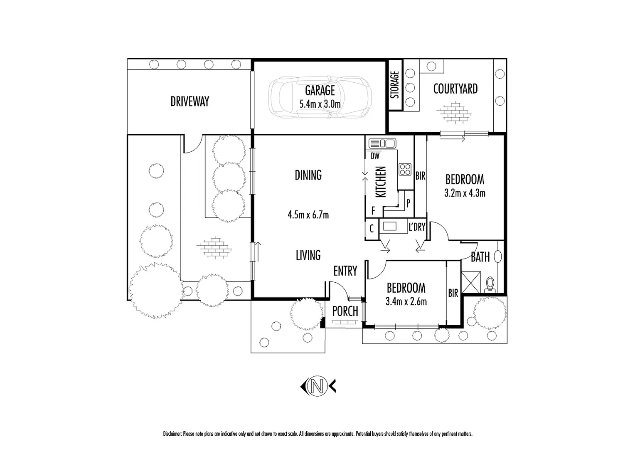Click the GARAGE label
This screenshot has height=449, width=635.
320,90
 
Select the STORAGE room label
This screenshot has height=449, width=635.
395,85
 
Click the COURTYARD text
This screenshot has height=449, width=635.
455,89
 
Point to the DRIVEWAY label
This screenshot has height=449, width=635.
190,101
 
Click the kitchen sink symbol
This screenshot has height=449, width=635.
382,143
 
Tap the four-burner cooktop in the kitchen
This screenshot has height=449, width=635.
404,168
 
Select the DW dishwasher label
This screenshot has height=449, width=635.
375,156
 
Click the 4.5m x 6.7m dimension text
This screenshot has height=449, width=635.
308,215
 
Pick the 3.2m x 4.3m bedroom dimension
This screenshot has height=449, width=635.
465,193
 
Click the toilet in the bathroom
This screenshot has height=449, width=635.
490,284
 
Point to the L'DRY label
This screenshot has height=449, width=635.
417,227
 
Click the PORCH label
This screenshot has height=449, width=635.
345,311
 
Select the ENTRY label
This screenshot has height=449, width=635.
345,271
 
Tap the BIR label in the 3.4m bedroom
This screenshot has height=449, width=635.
453,293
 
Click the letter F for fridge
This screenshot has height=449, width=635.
373,211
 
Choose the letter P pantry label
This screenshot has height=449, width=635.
408,203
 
